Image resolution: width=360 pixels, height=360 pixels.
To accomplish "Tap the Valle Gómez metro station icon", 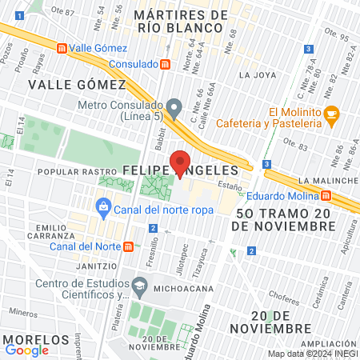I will pyautogui.click(x=62, y=47).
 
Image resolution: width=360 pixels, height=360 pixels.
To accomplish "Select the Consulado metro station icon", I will pyautogui.click(x=165, y=63).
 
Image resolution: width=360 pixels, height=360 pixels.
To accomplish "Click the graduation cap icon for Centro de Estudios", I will pyautogui.click(x=140, y=286).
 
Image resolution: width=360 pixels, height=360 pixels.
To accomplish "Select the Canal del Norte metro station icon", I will pyautogui.click(x=129, y=246).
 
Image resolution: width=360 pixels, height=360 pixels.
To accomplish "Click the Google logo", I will pyautogui.click(x=26, y=350).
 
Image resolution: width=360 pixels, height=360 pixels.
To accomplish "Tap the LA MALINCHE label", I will pyautogui.click(x=328, y=181).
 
